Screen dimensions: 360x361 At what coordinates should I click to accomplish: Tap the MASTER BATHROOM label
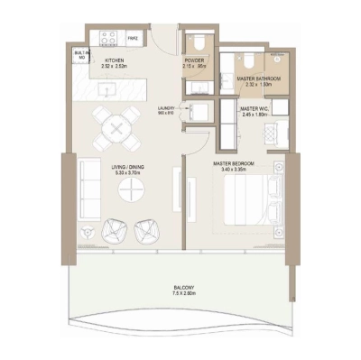258,79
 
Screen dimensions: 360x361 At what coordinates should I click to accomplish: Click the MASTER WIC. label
256,110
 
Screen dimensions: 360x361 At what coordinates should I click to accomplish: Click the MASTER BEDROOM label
234,163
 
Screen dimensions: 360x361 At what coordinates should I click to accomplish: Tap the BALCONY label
183,288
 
